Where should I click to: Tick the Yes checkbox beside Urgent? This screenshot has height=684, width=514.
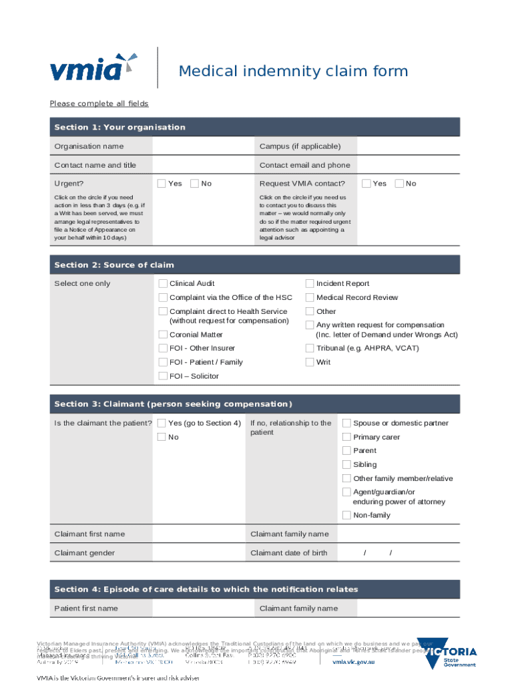[162, 184]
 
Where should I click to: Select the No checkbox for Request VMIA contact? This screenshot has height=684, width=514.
[399, 184]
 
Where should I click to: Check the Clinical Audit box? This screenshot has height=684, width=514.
[163, 284]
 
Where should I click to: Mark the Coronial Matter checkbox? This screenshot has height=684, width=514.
[163, 335]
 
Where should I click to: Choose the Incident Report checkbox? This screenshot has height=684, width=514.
[310, 284]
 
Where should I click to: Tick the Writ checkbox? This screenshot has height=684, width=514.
[310, 362]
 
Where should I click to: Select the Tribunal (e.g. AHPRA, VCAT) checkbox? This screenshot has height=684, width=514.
[310, 348]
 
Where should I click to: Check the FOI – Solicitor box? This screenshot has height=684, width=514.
[163, 376]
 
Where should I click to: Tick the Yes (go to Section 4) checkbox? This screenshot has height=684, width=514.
[162, 423]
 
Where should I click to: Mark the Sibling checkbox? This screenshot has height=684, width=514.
[346, 464]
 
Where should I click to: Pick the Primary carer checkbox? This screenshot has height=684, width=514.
[346, 437]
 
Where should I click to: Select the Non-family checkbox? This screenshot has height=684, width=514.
[346, 515]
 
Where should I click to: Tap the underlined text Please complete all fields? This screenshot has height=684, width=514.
[99, 104]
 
